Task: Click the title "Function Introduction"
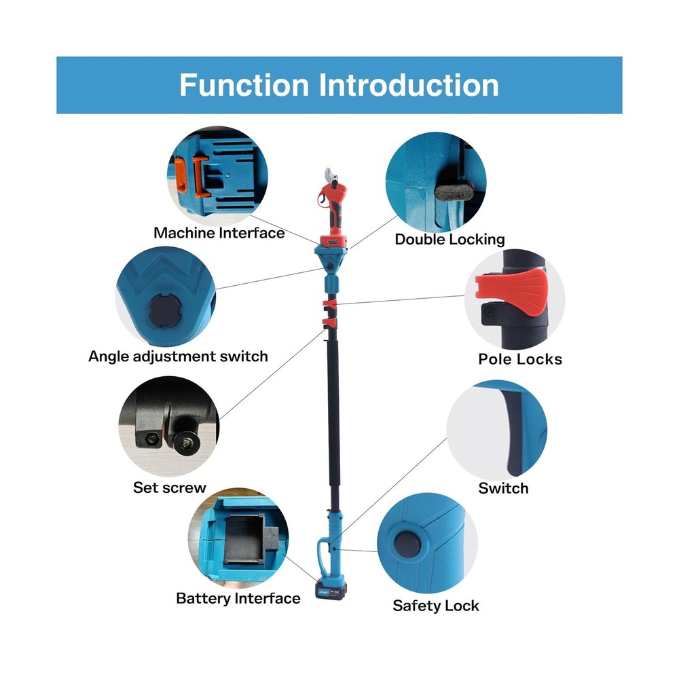tap(339, 86)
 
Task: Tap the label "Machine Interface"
tap(219, 233)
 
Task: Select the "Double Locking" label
tap(449, 239)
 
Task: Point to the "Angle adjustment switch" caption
tap(178, 356)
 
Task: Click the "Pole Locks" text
tap(520, 359)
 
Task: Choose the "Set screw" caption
tap(169, 488)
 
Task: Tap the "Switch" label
tap(502, 488)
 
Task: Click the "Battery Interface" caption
tap(238, 598)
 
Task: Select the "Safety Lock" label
tap(435, 606)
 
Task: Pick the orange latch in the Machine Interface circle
tap(181, 175)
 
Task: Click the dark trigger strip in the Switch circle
tap(514, 435)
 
